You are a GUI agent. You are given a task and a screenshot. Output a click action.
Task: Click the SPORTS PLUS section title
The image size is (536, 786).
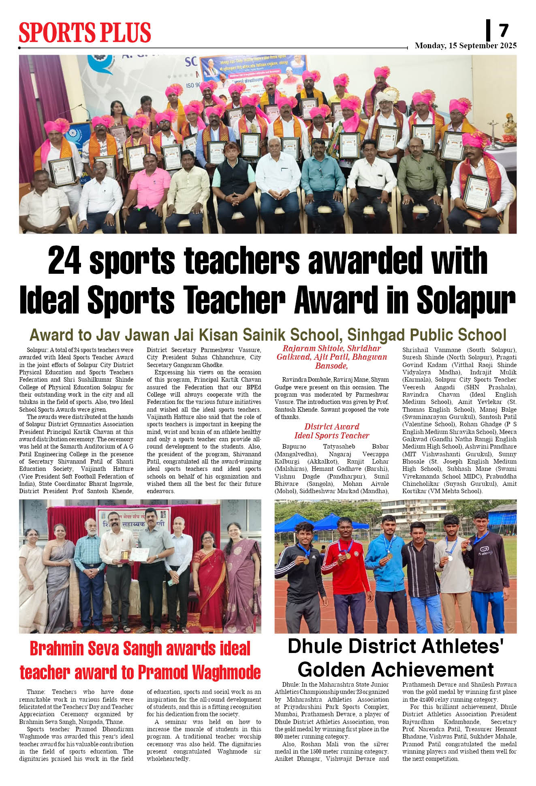coord(85,32)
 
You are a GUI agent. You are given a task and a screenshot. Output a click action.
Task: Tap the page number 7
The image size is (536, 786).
coord(503,30)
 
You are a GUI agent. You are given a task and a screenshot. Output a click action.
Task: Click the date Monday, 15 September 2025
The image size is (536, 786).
coord(466,45)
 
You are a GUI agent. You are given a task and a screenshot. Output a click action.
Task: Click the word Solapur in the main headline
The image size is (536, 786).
coord(466,300)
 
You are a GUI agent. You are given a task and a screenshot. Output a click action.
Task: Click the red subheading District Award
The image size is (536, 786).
coord(331,426)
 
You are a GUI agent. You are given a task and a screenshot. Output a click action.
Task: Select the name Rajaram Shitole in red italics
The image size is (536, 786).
coord(309,348)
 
